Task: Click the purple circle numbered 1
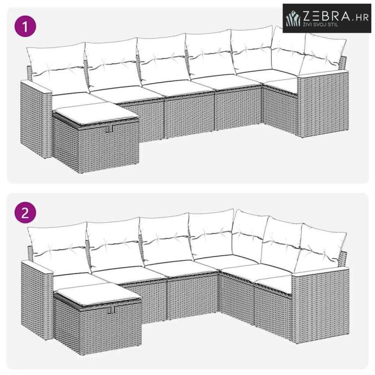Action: [26, 26]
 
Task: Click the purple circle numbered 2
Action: [26, 212]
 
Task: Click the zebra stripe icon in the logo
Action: [293, 18]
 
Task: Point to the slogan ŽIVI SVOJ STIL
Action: [321, 24]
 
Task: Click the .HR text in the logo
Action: [360, 17]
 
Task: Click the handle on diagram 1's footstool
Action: [110, 129]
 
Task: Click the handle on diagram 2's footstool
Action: [111, 310]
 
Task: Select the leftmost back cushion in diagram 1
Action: [58, 67]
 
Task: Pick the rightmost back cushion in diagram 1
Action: [323, 54]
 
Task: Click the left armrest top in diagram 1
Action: [36, 87]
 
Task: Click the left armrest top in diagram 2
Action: [37, 267]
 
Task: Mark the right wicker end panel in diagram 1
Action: [323, 105]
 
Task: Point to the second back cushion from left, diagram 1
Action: [112, 64]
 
